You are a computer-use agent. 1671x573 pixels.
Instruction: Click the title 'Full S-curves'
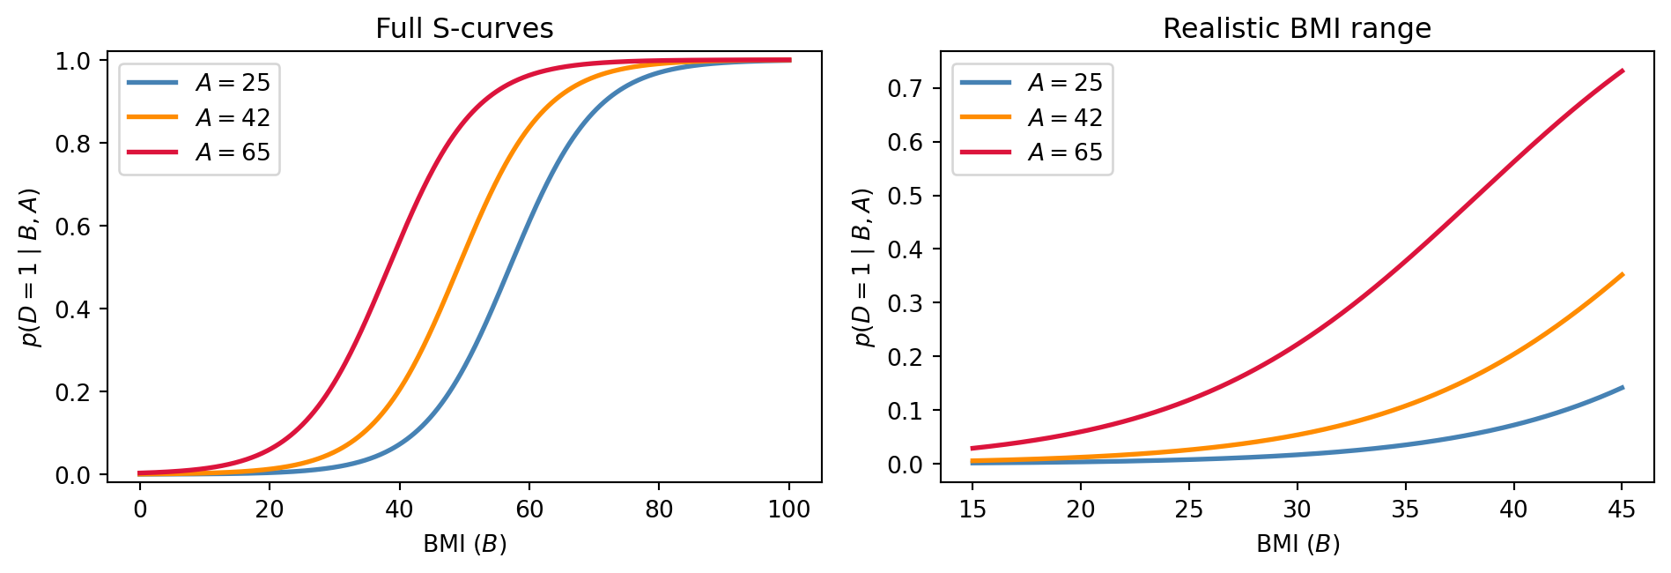point(464,29)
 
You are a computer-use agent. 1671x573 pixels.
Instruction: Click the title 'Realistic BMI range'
point(1297,29)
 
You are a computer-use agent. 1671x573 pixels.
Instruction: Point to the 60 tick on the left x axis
point(529,509)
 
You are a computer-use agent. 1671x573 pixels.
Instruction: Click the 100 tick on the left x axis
point(789,509)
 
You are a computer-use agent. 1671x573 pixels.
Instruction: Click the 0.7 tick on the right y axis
point(907,88)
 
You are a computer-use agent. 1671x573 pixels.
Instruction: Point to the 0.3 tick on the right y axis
point(907,303)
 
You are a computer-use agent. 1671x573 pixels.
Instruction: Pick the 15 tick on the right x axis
point(972,509)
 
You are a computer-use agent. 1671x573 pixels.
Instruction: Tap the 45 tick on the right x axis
point(1622,509)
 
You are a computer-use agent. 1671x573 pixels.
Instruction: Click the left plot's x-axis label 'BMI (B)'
point(464,544)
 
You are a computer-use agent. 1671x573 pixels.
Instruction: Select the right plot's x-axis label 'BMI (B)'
point(1298,544)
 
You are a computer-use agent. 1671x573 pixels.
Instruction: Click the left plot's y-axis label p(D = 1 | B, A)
point(32,267)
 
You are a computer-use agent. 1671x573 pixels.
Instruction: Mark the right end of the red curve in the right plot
point(1622,71)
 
